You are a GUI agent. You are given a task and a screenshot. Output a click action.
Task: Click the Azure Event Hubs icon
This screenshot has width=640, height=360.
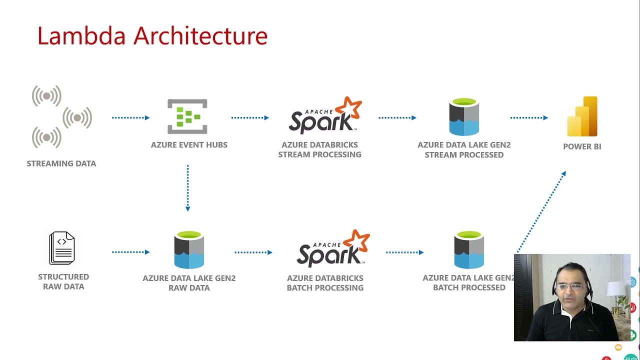(x=187, y=116)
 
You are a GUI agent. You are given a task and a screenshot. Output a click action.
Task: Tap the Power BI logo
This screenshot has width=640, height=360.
(x=582, y=116)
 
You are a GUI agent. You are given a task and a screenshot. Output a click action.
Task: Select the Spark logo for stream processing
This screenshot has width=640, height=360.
(x=325, y=116)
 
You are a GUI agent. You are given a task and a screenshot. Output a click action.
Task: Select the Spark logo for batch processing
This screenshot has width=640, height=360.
(x=333, y=248)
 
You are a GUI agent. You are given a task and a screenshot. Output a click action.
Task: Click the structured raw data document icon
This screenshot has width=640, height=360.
(x=62, y=248)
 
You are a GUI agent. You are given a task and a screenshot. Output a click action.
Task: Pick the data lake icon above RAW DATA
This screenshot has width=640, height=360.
(x=189, y=250)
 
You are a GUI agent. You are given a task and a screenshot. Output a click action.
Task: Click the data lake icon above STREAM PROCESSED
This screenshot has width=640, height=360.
(x=464, y=117)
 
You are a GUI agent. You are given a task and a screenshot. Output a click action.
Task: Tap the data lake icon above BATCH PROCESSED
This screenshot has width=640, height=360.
(x=469, y=250)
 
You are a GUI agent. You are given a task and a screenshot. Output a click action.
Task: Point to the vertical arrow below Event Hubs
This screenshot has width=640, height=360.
(x=187, y=188)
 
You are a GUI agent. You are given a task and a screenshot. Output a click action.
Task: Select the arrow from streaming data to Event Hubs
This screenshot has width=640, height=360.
(x=130, y=117)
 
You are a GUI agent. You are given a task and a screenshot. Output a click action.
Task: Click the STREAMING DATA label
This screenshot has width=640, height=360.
(x=61, y=163)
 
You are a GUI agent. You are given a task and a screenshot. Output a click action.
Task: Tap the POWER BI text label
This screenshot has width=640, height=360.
(x=582, y=146)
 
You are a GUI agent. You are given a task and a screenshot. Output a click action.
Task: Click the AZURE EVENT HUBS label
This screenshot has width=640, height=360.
(x=189, y=144)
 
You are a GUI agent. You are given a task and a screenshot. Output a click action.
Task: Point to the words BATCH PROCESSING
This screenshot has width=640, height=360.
(x=325, y=287)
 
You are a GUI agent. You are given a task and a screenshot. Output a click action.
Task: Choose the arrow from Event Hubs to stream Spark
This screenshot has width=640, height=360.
(x=250, y=117)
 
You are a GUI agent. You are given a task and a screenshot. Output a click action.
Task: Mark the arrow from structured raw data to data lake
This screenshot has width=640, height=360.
(x=130, y=252)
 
